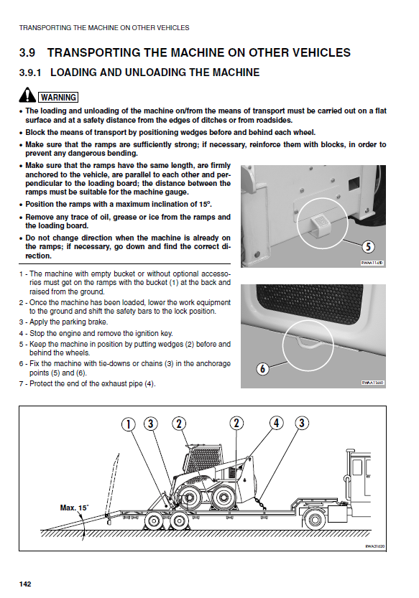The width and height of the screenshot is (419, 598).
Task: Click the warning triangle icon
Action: click(27, 95)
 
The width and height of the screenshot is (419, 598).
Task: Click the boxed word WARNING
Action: click(58, 97)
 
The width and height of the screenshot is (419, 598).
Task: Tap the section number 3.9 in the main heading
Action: click(27, 52)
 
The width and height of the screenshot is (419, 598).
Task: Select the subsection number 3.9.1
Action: click(30, 73)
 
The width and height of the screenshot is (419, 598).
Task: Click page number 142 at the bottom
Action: click(25, 584)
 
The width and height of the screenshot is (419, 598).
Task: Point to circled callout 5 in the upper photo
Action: click(368, 246)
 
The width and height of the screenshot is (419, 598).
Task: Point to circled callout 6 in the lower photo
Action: click(262, 369)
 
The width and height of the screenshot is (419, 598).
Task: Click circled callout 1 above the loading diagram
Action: click(129, 424)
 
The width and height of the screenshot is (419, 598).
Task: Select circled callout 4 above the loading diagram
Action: click(277, 423)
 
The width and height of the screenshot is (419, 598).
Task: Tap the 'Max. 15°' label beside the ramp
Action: click(74, 508)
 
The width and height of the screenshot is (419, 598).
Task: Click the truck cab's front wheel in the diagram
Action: click(315, 520)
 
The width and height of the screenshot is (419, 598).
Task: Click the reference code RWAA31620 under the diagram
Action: click(374, 546)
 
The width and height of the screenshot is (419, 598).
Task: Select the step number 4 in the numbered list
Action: click(21, 334)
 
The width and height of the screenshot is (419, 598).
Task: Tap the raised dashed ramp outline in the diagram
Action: click(113, 485)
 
